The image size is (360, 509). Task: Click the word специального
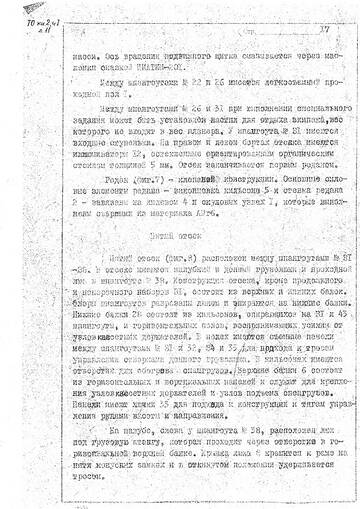click(273, 108)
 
